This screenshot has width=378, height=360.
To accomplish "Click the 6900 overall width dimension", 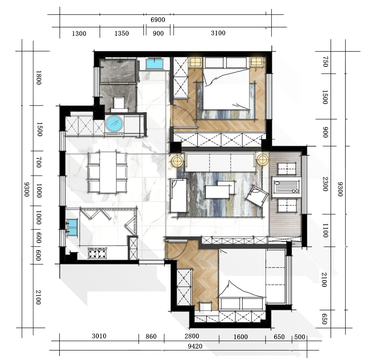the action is (x=158, y=20).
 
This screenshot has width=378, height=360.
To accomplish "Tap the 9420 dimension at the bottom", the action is (x=195, y=347).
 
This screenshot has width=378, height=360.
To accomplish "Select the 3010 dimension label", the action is (x=99, y=336).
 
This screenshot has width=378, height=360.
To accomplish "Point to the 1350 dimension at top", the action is (x=122, y=33).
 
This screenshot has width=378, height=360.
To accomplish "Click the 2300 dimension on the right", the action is (x=325, y=184).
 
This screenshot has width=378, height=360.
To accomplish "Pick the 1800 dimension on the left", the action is (x=39, y=78).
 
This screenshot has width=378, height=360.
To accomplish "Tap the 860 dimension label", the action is (x=151, y=336).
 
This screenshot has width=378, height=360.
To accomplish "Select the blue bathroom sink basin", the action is (x=154, y=64).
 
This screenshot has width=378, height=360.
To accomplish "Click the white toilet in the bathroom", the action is (x=119, y=104).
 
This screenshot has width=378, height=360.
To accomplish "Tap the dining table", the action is (x=108, y=172).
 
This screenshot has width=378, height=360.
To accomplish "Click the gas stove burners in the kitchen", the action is (x=98, y=253).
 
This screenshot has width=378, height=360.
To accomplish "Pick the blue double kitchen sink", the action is (x=72, y=227).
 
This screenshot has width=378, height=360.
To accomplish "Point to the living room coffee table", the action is (x=219, y=190).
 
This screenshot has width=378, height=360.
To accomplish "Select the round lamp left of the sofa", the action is (x=177, y=160).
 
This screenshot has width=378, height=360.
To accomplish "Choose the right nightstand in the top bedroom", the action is (x=256, y=62).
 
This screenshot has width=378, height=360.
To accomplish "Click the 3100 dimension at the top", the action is (x=218, y=33).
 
